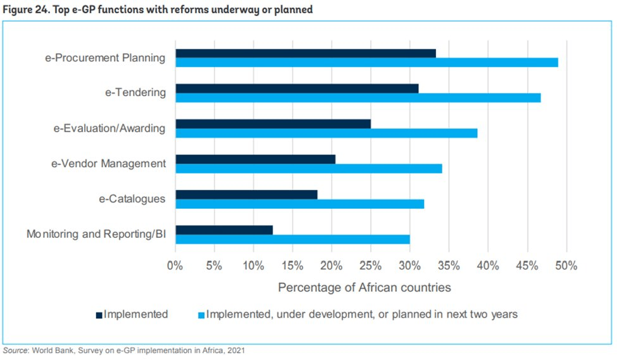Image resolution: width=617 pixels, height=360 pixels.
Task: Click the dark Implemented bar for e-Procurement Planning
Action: [306, 53]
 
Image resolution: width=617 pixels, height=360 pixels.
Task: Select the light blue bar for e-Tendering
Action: [358, 97]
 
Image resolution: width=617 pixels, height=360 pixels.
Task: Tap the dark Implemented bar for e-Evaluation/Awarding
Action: [273, 123]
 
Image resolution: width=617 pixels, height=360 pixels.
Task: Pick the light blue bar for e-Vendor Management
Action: [309, 168]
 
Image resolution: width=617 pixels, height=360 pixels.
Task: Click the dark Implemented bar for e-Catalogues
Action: [246, 194]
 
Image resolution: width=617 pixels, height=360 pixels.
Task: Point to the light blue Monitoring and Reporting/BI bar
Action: [292, 239]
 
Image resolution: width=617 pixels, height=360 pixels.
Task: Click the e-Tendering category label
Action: [135, 92]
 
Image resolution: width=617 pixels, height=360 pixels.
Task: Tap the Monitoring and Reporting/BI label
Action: [96, 234]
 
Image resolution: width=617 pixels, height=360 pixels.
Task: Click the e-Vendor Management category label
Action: [108, 163]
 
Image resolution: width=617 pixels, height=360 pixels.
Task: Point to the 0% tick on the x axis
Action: [175, 265]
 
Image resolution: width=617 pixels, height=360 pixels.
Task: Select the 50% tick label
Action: [566, 265]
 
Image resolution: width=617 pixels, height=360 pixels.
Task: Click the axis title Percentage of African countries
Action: [365, 287]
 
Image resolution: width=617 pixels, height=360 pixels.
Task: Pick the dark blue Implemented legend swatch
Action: [99, 314]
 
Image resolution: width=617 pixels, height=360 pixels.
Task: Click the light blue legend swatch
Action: [202, 314]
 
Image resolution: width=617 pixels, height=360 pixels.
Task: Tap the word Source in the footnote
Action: [15, 350]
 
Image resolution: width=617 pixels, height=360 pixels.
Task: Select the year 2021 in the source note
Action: [234, 350]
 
